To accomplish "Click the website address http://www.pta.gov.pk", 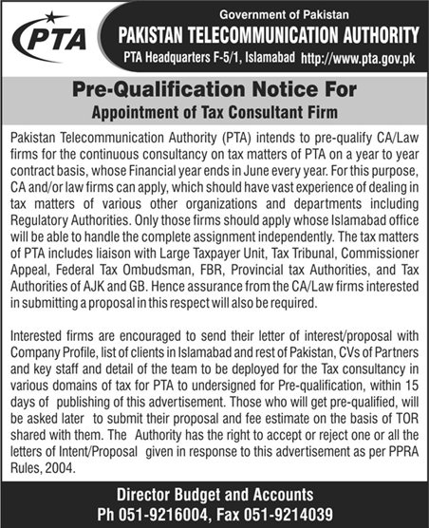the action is click(357, 59).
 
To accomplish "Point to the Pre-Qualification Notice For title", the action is click(214, 90).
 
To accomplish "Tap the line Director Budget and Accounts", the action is click(214, 495).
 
